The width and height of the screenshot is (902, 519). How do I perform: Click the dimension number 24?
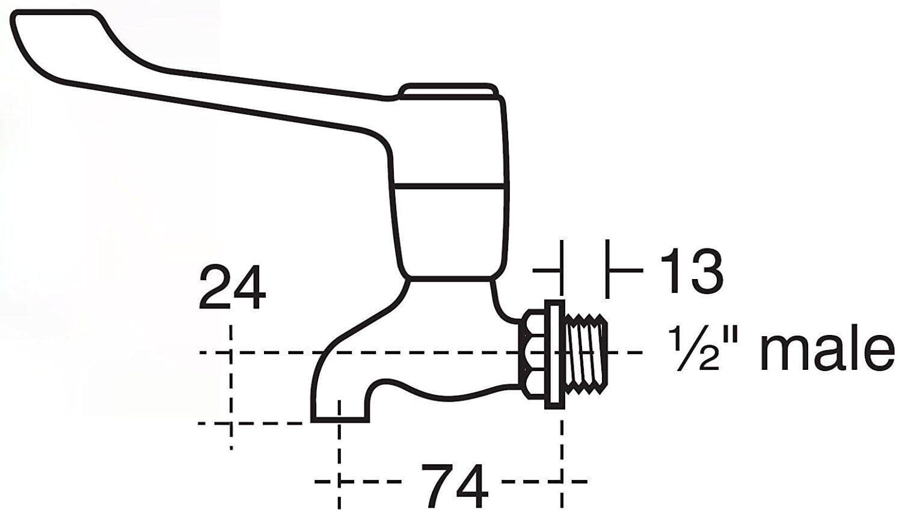232,288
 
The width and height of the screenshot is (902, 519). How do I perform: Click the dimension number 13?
691,272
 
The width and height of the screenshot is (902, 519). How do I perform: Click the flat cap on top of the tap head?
449,91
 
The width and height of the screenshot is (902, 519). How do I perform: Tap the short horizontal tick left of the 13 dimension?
546,271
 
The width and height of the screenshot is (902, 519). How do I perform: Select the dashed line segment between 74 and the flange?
532,482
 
